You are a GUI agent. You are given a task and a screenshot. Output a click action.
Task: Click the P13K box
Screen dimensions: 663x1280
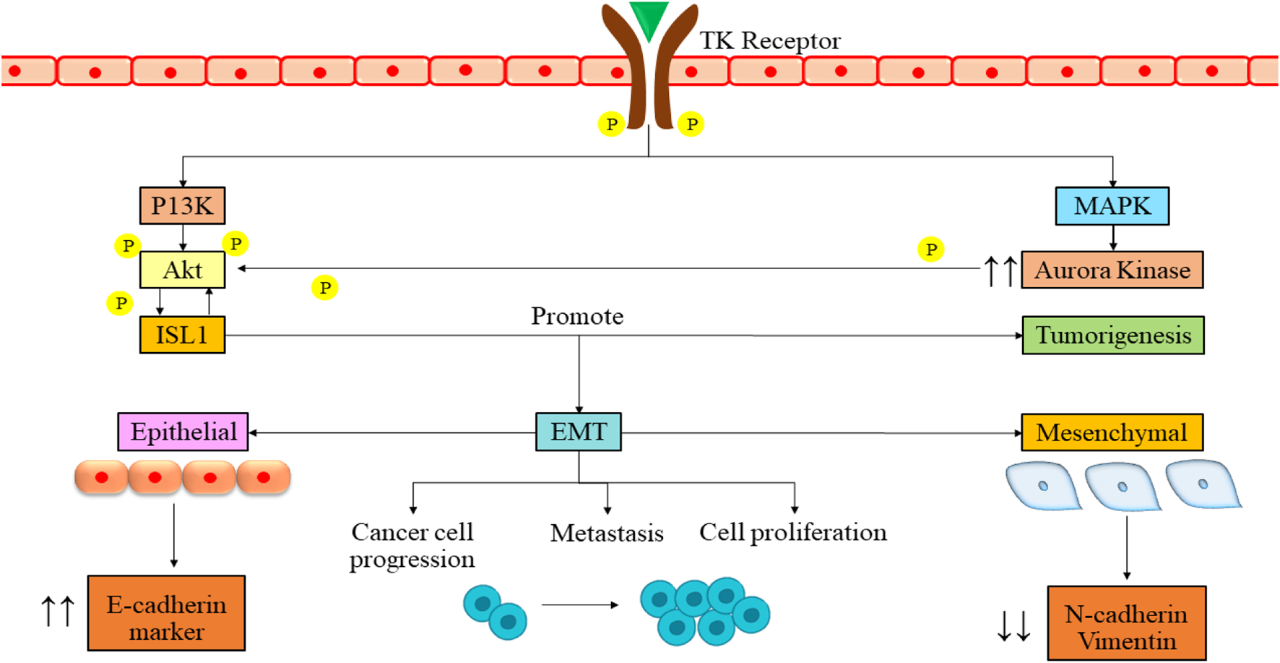pos(182,206)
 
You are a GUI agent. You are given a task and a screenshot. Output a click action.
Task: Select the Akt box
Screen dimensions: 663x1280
pos(182,270)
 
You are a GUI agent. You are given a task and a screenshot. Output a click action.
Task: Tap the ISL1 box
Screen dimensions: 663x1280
pos(182,335)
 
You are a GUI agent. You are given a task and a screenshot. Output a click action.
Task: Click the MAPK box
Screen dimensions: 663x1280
pos(1112,206)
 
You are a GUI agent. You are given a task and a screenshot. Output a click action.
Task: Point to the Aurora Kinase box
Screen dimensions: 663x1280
pos(1112,270)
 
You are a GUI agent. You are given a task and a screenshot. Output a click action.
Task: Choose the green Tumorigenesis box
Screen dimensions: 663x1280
pos(1112,335)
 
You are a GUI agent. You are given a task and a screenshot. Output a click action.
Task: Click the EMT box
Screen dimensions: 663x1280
pos(578,432)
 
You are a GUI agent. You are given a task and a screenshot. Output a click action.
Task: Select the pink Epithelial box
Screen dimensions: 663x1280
pos(183,432)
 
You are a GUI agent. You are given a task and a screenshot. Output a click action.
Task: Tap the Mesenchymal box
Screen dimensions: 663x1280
pos(1112,432)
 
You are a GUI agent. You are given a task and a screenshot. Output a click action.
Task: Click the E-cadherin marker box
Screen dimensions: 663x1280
pos(166,613)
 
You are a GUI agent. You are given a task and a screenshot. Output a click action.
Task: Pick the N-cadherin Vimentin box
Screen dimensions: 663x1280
pos(1126,623)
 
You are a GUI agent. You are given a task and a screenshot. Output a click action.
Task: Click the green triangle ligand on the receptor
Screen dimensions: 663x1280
pos(648,19)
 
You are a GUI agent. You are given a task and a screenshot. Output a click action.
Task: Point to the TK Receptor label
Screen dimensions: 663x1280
pos(770,41)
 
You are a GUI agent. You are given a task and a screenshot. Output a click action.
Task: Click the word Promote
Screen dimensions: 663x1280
pos(577,316)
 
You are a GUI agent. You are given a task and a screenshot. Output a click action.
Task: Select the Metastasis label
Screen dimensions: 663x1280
pos(607,533)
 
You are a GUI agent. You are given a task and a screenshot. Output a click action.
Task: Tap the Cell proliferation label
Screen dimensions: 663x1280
pos(792,532)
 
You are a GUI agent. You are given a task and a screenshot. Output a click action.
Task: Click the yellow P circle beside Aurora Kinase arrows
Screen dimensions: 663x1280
pos(930,249)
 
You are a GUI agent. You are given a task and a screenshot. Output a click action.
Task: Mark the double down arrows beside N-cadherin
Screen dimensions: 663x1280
pos(1013,626)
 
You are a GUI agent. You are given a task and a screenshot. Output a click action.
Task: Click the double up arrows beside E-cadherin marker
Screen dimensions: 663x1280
pos(58,611)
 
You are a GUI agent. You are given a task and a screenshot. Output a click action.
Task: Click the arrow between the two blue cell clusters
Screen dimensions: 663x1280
pos(580,604)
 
